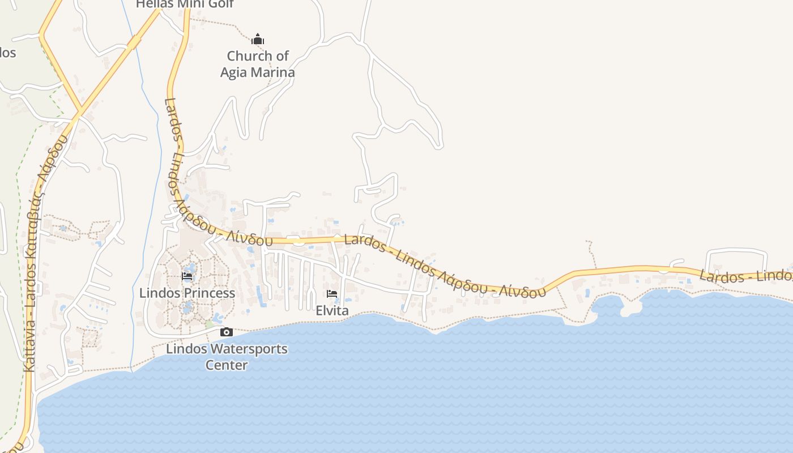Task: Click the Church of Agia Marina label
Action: point(258,64)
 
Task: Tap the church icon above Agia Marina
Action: point(258,40)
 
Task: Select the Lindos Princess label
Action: point(187,293)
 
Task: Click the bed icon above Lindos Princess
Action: point(187,276)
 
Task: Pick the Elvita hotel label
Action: point(332,311)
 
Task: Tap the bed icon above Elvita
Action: point(332,294)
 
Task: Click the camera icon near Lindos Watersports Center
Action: point(226,332)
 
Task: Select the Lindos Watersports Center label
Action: point(227,357)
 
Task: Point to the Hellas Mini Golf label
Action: point(185,4)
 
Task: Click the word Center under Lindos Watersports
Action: point(227,365)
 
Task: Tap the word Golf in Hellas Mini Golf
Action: point(222,4)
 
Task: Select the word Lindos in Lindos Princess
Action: point(157,293)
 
